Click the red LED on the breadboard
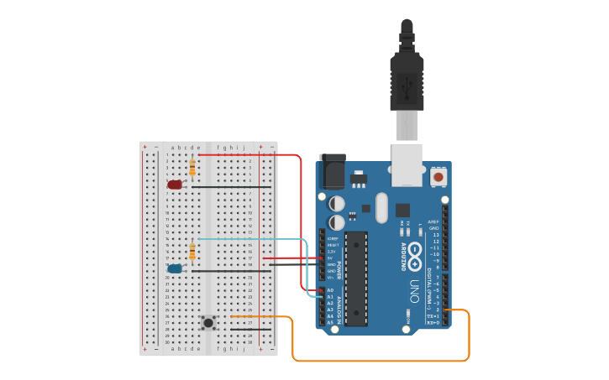point(175,184)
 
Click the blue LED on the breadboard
point(175,268)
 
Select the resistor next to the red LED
point(193,168)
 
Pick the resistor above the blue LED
point(193,251)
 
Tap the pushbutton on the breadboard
point(207,322)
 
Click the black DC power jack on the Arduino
point(333,171)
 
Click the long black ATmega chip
point(357,278)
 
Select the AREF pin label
point(434,221)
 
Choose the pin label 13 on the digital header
point(434,235)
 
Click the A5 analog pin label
point(330,323)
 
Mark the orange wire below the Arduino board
point(378,361)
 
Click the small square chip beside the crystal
point(402,211)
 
